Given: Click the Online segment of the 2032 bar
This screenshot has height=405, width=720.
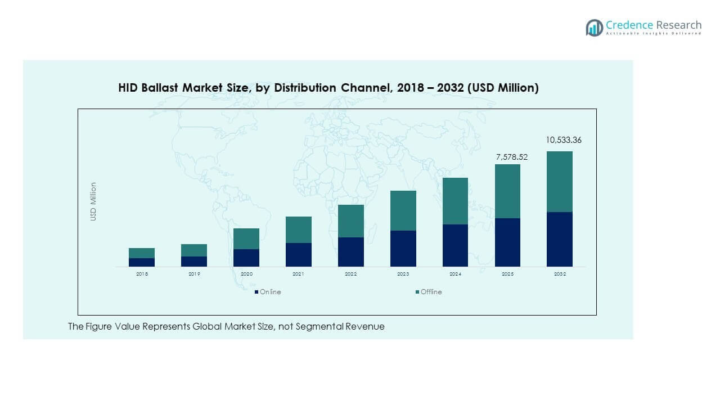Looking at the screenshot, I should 560,239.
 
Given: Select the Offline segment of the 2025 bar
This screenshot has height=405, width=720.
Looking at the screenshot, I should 507,191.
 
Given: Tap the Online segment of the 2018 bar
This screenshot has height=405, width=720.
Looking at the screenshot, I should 142,262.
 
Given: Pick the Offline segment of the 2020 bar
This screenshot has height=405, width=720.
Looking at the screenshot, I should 246,238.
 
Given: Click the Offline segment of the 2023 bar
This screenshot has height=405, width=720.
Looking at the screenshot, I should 403,210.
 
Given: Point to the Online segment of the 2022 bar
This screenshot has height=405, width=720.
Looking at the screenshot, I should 351,251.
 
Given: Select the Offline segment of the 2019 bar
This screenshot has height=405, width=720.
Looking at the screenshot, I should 194,250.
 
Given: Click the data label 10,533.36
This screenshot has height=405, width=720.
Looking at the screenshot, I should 564,140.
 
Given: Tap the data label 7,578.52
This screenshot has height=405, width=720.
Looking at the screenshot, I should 512,157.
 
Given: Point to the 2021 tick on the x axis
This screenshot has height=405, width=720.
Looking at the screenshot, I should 298,274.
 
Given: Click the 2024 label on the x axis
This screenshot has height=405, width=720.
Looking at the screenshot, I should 455,274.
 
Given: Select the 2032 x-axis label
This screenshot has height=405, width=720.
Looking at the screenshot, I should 560,274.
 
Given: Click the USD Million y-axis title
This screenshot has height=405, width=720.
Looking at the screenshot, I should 93,201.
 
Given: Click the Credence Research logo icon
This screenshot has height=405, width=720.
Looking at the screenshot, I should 594,28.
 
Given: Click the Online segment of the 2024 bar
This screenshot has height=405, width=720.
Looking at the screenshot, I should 455,245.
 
